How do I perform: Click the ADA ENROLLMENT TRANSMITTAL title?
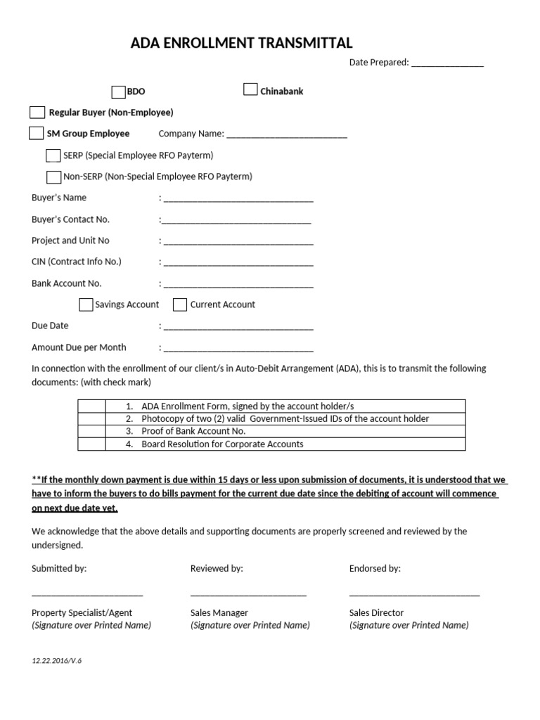coord(241,44)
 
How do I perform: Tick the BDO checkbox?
coord(118,91)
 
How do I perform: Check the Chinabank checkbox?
coord(250,89)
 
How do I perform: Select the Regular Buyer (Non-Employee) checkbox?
coord(37,112)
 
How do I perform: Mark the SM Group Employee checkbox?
coord(36,134)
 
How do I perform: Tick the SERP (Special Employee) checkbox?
coord(53,155)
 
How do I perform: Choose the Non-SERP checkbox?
coord(53,177)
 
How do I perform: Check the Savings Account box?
coord(86,304)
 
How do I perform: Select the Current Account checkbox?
coord(180,304)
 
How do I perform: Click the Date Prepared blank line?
coord(447,63)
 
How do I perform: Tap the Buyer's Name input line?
coord(238,199)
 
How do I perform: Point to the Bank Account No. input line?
coord(238,285)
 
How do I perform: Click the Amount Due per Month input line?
coord(238,348)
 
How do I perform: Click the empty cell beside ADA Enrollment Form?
coord(91,406)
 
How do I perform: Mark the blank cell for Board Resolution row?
coord(91,444)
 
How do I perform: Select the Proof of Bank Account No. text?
coord(193,431)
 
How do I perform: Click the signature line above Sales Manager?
coord(248,595)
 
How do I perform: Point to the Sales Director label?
coord(376,612)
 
